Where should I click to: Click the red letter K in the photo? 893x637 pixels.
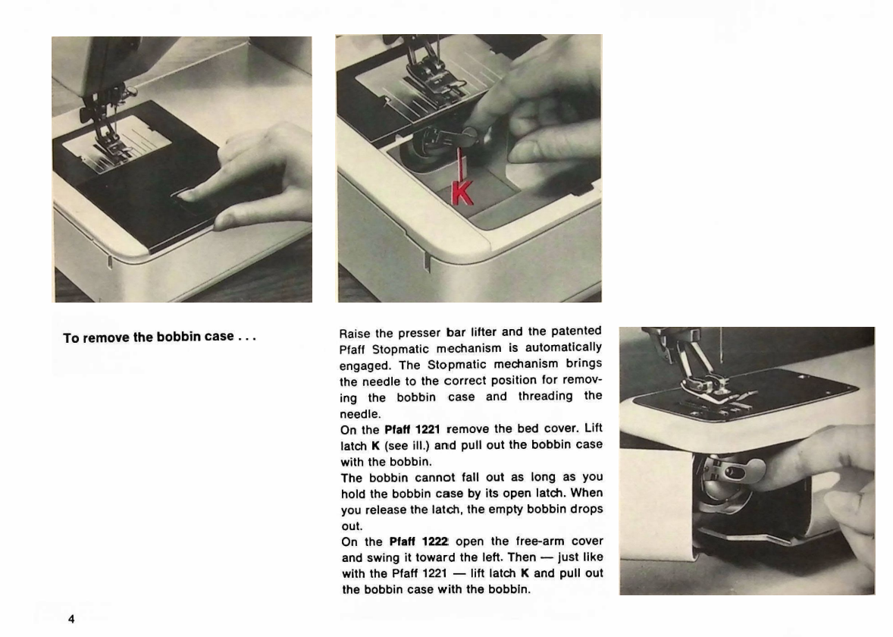click(x=462, y=192)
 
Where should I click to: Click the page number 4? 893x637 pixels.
click(x=71, y=620)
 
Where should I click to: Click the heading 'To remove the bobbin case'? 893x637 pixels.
click(x=160, y=337)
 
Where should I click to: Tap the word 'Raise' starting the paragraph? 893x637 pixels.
click(x=354, y=331)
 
